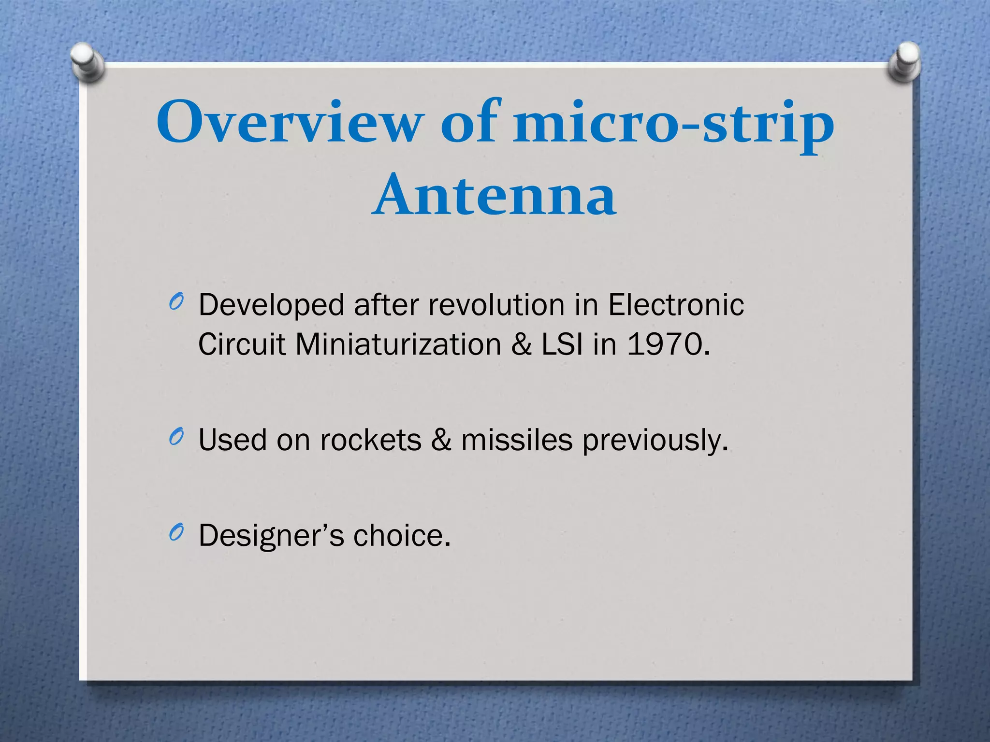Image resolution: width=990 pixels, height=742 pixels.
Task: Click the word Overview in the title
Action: click(289, 122)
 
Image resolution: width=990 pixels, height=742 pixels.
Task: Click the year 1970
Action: click(668, 345)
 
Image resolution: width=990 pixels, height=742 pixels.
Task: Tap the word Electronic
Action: click(676, 305)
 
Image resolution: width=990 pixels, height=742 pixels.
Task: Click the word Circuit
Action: click(242, 345)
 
